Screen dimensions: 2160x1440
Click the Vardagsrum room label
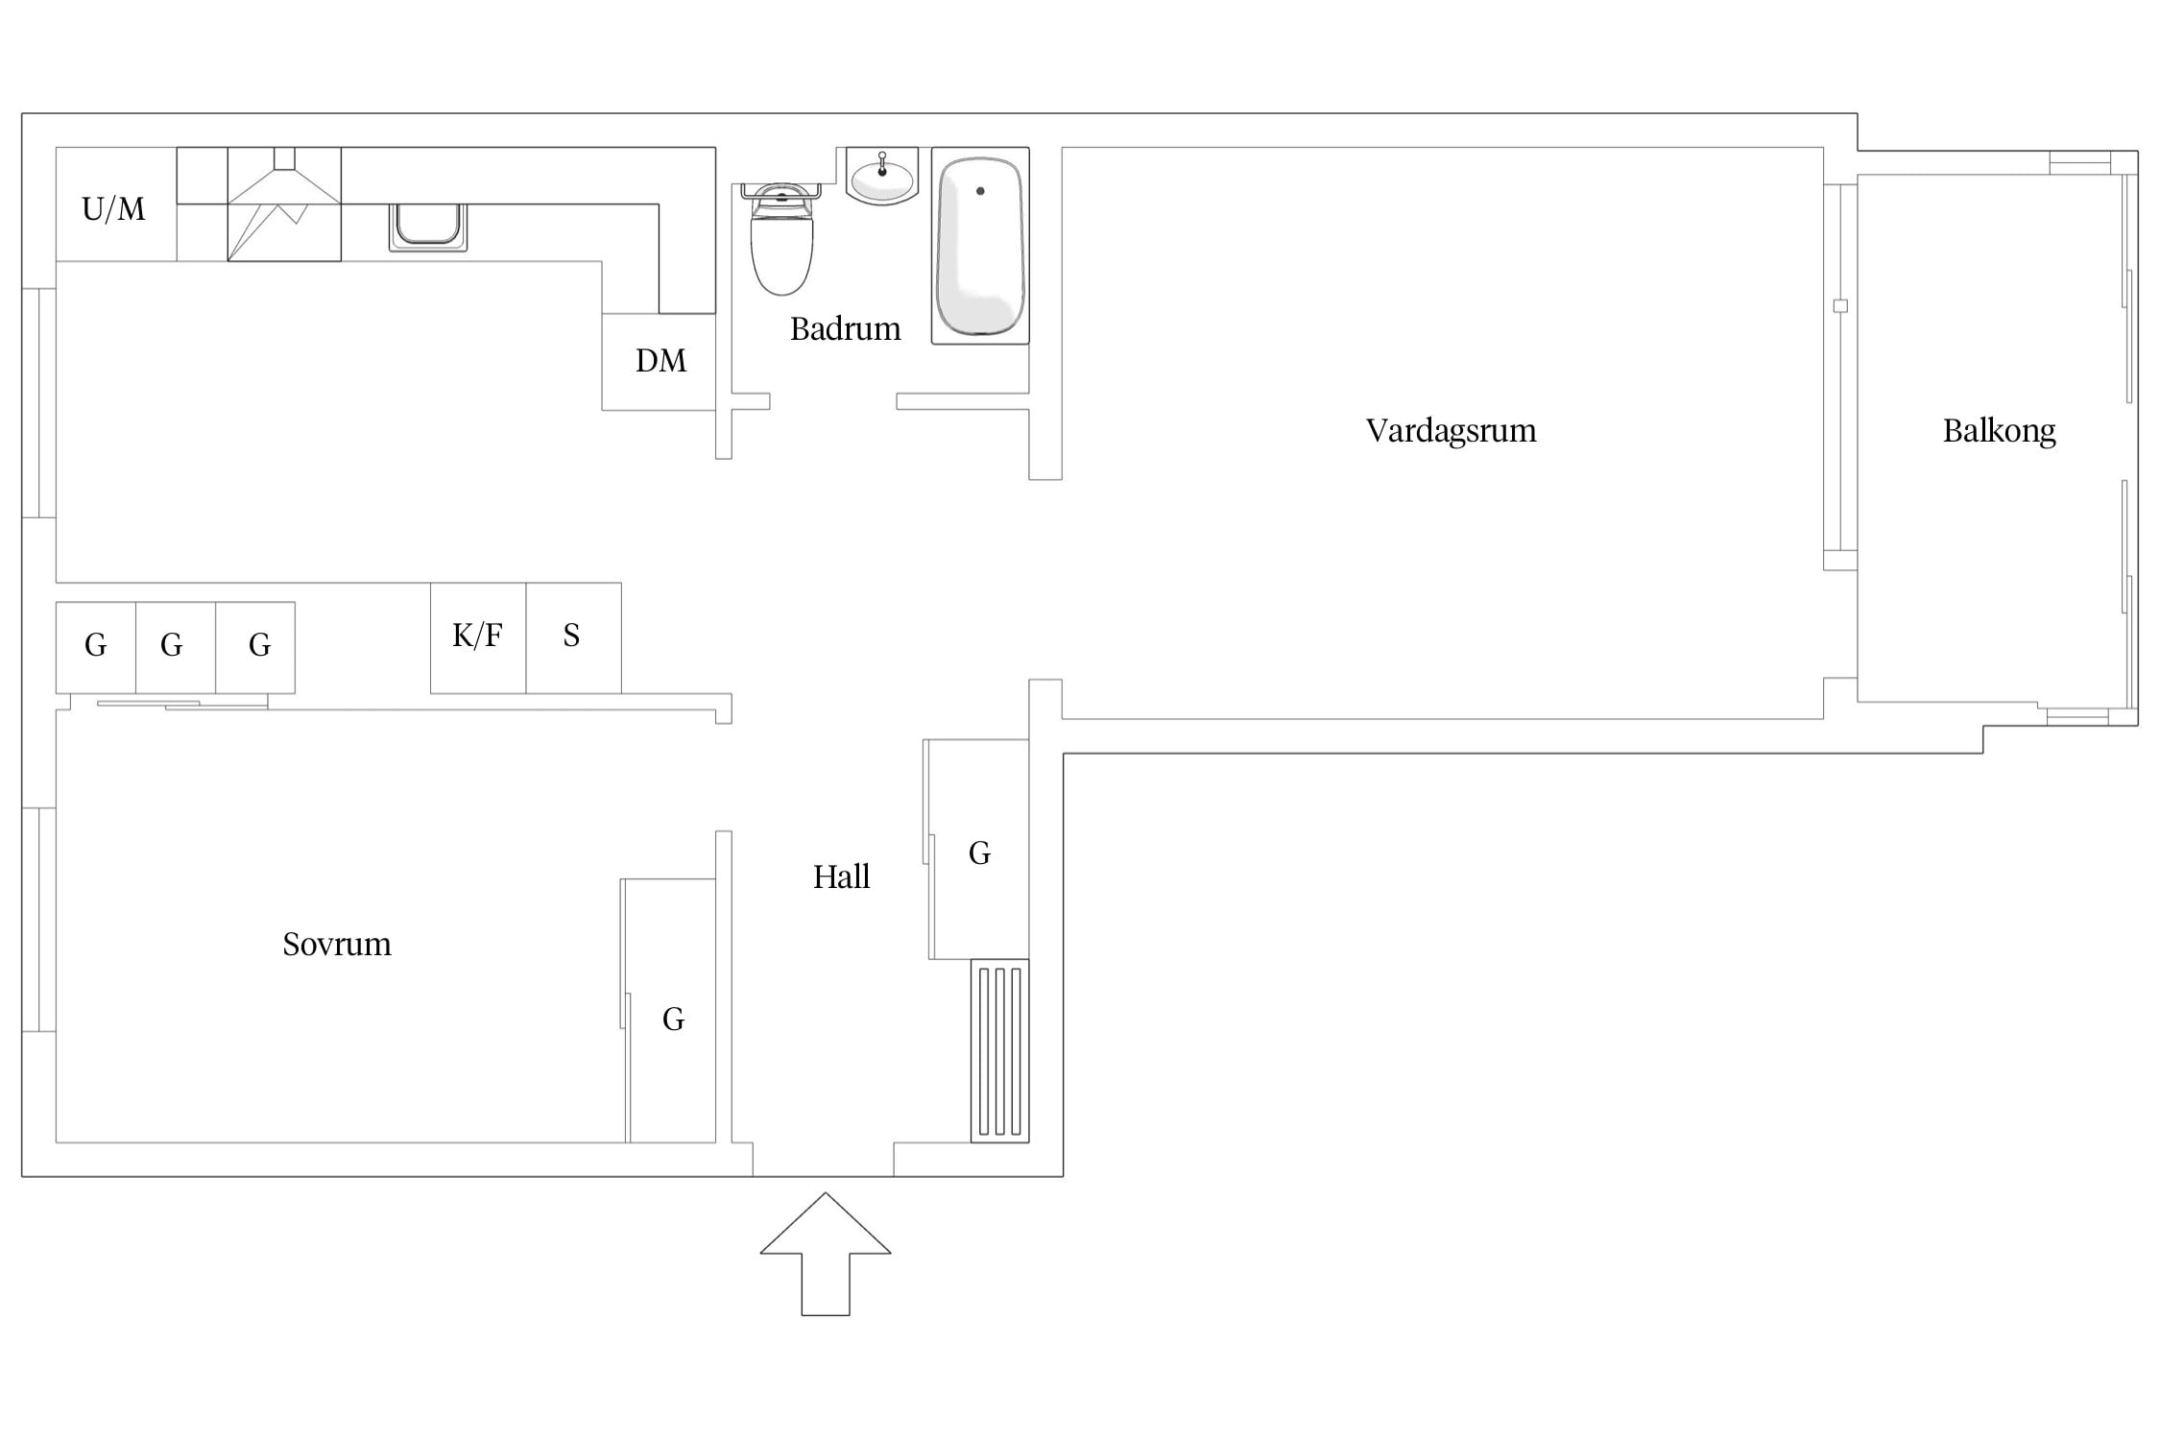[1451, 431]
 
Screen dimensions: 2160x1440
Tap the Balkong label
[1999, 431]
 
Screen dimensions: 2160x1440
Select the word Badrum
[845, 329]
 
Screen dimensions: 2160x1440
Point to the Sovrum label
[337, 945]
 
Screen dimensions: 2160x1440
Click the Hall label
[841, 876]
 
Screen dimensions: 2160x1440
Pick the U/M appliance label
[113, 208]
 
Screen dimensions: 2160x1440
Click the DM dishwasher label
[660, 361]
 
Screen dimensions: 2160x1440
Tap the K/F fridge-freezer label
[477, 635]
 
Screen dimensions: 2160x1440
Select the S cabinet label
[571, 636]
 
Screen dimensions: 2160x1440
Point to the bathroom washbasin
[882, 178]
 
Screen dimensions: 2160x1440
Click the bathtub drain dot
[980, 191]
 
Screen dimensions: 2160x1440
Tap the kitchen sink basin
[428, 227]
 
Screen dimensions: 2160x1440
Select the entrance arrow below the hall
[826, 1254]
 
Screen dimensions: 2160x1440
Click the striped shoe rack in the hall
[999, 1050]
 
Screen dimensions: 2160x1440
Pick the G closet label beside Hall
[979, 852]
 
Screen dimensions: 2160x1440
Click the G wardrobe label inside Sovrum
[673, 1019]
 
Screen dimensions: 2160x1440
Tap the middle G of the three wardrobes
[171, 645]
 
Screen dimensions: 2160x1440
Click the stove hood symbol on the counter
[284, 204]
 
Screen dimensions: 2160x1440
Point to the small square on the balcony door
[1840, 306]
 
